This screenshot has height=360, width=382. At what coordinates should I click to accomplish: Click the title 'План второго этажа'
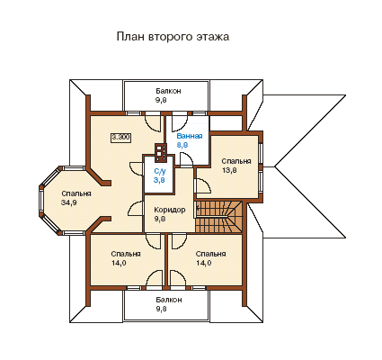[x=173, y=37]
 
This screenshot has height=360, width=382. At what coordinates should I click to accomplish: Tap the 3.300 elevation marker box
[x=121, y=138]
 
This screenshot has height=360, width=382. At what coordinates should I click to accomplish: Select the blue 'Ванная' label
[x=190, y=136]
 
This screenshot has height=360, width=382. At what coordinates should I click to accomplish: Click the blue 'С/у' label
[x=160, y=172]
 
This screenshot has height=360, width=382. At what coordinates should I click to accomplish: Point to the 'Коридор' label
[x=170, y=210]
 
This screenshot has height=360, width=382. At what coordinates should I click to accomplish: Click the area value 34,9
[x=68, y=202]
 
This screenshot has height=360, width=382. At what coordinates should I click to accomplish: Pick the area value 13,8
[x=229, y=170]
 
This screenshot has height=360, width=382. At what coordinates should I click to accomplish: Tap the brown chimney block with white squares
[x=161, y=152]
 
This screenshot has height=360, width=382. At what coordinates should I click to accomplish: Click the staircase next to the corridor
[x=218, y=216]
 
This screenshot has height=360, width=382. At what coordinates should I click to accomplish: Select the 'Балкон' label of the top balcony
[x=168, y=91]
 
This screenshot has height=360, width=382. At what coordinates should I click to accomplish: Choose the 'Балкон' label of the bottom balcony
[x=168, y=300]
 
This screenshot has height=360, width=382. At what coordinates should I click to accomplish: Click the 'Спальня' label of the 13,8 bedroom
[x=236, y=161]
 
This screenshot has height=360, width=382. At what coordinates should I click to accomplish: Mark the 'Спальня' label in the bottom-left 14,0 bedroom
[x=126, y=254]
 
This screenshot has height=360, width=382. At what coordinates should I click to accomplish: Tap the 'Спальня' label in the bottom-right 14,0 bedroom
[x=210, y=254]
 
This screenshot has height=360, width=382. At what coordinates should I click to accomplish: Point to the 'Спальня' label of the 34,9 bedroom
[x=76, y=193]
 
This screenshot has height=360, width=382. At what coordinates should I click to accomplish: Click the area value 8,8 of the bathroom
[x=182, y=145]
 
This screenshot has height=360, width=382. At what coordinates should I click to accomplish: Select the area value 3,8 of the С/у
[x=159, y=180]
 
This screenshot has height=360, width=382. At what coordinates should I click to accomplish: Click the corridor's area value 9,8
[x=160, y=219]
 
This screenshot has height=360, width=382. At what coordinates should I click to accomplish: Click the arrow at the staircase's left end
[x=197, y=208]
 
